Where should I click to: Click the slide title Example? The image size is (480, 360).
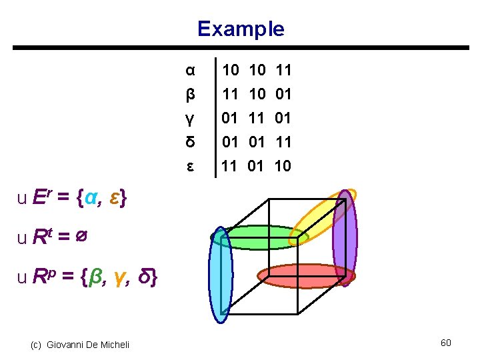tap(241, 29)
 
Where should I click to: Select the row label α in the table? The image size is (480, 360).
tap(190, 69)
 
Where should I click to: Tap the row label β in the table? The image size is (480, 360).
tap(190, 94)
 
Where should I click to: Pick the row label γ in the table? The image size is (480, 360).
tap(190, 118)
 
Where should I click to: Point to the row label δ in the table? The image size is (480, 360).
tap(190, 142)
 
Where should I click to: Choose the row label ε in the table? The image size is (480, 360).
tap(190, 166)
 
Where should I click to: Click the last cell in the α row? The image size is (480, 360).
tap(283, 69)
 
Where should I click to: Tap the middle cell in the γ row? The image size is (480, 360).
tap(257, 118)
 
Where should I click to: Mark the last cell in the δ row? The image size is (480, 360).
tap(283, 142)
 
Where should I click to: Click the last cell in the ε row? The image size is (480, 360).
tap(283, 166)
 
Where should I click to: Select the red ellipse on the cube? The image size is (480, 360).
tap(307, 275)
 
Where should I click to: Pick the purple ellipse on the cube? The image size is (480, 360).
tap(345, 238)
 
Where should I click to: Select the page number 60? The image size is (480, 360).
tap(446, 343)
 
